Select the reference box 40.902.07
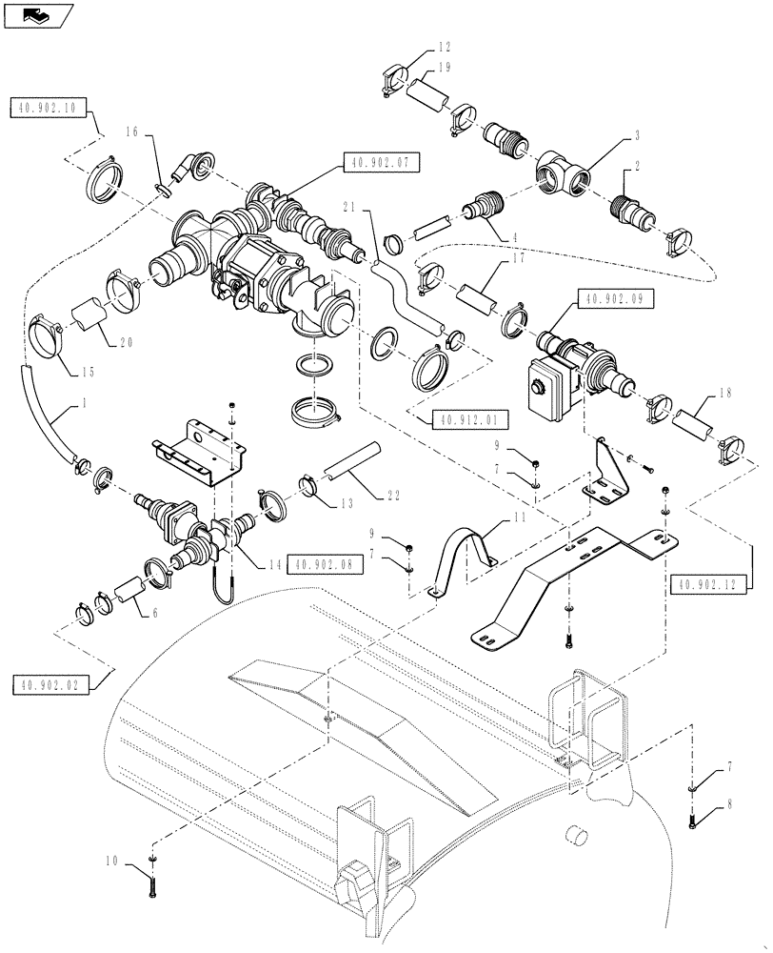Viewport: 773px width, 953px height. pos(379,164)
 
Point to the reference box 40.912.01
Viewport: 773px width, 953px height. pos(470,418)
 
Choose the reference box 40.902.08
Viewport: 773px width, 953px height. pos(319,565)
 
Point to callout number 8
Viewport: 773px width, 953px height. pos(729,805)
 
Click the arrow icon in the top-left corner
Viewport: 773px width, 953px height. pos(34,14)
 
